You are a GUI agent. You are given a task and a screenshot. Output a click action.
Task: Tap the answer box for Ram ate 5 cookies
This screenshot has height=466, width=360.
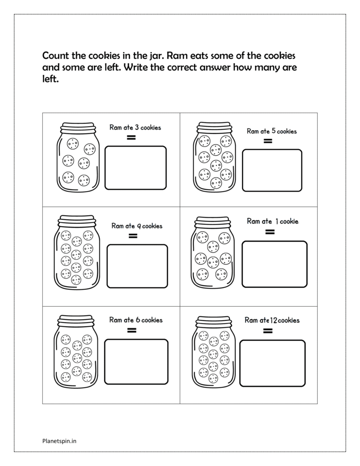[x=272, y=170]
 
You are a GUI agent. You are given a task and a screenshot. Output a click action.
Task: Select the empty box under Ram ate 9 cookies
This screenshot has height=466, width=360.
[x=137, y=266]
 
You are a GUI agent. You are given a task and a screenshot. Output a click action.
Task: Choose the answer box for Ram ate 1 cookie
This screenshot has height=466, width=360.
[x=274, y=264]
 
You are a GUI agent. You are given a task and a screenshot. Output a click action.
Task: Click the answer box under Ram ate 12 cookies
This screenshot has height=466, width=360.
[x=272, y=362]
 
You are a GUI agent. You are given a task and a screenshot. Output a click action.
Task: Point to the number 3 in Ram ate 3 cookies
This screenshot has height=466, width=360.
[x=137, y=127]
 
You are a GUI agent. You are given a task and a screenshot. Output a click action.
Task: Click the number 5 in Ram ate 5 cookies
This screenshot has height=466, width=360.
[x=273, y=131]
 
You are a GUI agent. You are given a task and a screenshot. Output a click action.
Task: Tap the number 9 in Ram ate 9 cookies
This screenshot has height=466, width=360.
[x=139, y=226]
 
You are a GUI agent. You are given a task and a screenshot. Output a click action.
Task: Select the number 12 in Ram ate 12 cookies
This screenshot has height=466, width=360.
[x=274, y=320]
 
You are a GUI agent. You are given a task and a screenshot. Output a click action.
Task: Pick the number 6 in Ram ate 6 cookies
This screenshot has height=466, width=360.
[x=137, y=320]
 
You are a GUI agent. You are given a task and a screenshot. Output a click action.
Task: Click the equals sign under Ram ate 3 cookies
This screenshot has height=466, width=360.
[x=131, y=137]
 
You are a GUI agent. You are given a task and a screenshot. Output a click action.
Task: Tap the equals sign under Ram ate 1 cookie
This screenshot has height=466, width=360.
[x=269, y=232]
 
